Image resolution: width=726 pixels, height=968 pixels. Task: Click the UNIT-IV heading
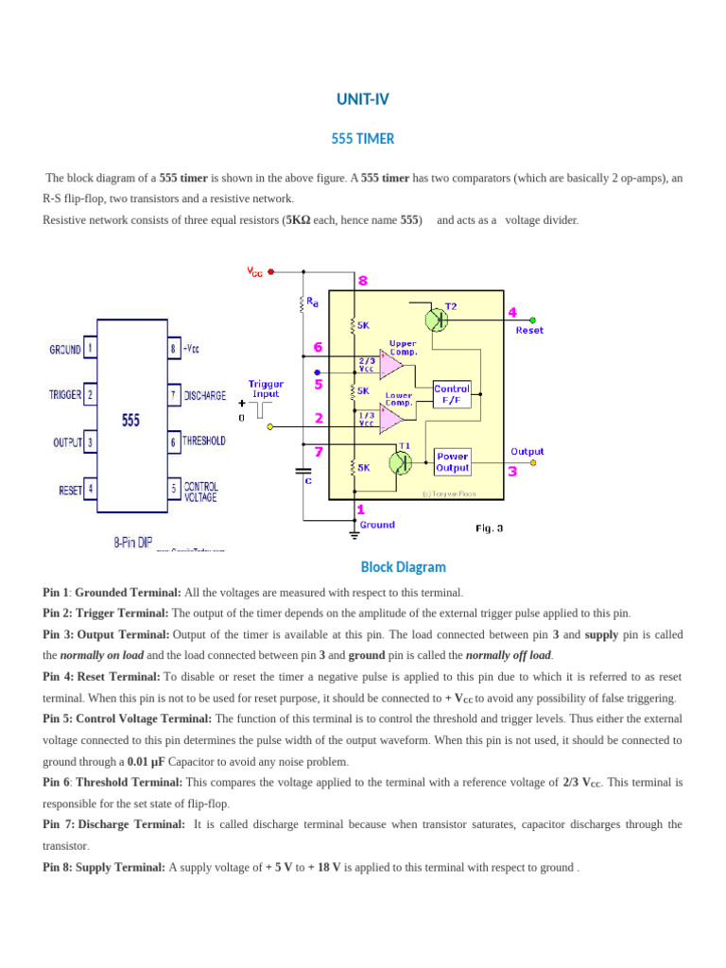(x=362, y=99)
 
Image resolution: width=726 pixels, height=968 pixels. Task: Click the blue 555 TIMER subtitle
(x=362, y=139)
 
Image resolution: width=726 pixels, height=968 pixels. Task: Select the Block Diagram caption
(x=403, y=567)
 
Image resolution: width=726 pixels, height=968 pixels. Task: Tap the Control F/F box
(x=452, y=394)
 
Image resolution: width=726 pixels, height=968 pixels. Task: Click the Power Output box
(x=452, y=461)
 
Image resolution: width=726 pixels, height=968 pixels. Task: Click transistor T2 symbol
(x=436, y=320)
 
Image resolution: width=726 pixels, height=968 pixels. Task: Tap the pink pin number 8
(x=362, y=281)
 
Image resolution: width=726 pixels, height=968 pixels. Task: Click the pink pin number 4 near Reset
(x=512, y=312)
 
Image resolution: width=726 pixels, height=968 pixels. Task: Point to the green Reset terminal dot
(x=532, y=320)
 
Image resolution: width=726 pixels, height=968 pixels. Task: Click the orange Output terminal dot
(x=532, y=463)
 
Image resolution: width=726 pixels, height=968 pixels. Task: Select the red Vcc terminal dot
(x=271, y=271)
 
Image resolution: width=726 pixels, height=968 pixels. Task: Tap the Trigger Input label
(x=266, y=389)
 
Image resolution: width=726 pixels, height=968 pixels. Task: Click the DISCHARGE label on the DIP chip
(x=205, y=394)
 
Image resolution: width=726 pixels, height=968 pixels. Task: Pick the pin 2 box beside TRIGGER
(x=90, y=394)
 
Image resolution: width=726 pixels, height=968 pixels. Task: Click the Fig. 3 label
(x=489, y=528)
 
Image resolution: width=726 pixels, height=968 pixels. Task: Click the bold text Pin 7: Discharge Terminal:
(x=114, y=824)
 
